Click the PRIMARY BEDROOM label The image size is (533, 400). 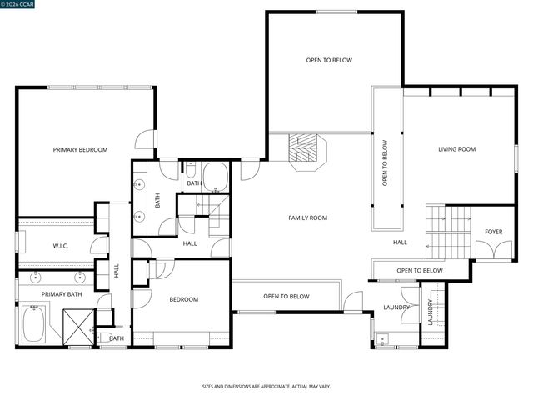pyautogui.click(x=80, y=150)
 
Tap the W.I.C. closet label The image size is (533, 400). pyautogui.click(x=60, y=246)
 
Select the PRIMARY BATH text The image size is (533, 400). pyautogui.click(x=62, y=294)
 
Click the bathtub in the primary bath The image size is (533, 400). pyautogui.click(x=33, y=325)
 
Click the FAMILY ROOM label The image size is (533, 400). pyautogui.click(x=307, y=218)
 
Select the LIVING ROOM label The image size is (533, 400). pyautogui.click(x=456, y=150)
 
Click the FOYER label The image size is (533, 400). pyautogui.click(x=494, y=232)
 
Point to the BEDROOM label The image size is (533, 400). pyautogui.click(x=183, y=299)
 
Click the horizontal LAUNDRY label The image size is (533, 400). pyautogui.click(x=396, y=307)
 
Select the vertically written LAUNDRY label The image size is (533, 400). pyautogui.click(x=431, y=312)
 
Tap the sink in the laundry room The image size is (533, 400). pyautogui.click(x=383, y=339)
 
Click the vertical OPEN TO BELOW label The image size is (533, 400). pyautogui.click(x=385, y=162)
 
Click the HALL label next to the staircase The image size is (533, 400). pyautogui.click(x=400, y=242)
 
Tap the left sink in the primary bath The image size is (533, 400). pyautogui.click(x=37, y=277)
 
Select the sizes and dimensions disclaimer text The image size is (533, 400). pyautogui.click(x=266, y=387)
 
